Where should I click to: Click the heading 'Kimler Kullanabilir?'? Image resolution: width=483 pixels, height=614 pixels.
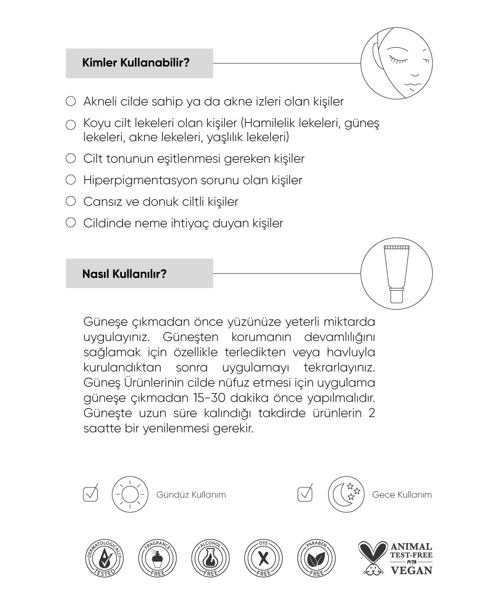point(136,63)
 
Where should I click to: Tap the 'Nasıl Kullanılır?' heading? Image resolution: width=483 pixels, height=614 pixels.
point(124,273)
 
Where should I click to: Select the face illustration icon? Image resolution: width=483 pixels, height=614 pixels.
point(397,63)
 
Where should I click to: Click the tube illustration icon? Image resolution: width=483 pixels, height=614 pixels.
point(397,273)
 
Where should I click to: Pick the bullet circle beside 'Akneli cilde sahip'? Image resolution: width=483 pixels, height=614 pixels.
point(71,101)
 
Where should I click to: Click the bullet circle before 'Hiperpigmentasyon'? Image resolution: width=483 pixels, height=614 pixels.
point(71,180)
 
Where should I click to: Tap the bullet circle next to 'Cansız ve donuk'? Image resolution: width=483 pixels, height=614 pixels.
point(71,202)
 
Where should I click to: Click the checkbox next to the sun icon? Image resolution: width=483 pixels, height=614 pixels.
point(91,493)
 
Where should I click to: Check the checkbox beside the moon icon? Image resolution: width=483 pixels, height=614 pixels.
point(305,493)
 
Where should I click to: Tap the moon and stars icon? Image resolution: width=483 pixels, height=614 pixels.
point(346,494)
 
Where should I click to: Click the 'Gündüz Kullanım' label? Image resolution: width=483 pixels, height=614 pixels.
point(191,495)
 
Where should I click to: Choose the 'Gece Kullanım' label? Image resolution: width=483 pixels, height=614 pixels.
point(402,495)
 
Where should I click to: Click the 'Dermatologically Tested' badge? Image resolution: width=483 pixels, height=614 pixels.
point(105,558)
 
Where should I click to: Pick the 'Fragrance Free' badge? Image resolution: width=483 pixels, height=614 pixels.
point(158,558)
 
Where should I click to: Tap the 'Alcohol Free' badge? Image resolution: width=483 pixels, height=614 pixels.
point(211,558)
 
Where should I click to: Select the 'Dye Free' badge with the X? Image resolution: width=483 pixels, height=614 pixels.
point(264,558)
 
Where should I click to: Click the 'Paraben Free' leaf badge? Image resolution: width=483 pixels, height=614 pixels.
point(316,558)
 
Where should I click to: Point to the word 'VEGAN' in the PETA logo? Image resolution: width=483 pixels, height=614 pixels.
point(412,570)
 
